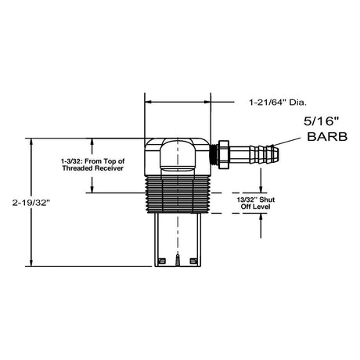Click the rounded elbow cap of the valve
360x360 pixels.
[176, 157]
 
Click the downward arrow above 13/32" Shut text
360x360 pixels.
[259, 188]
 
